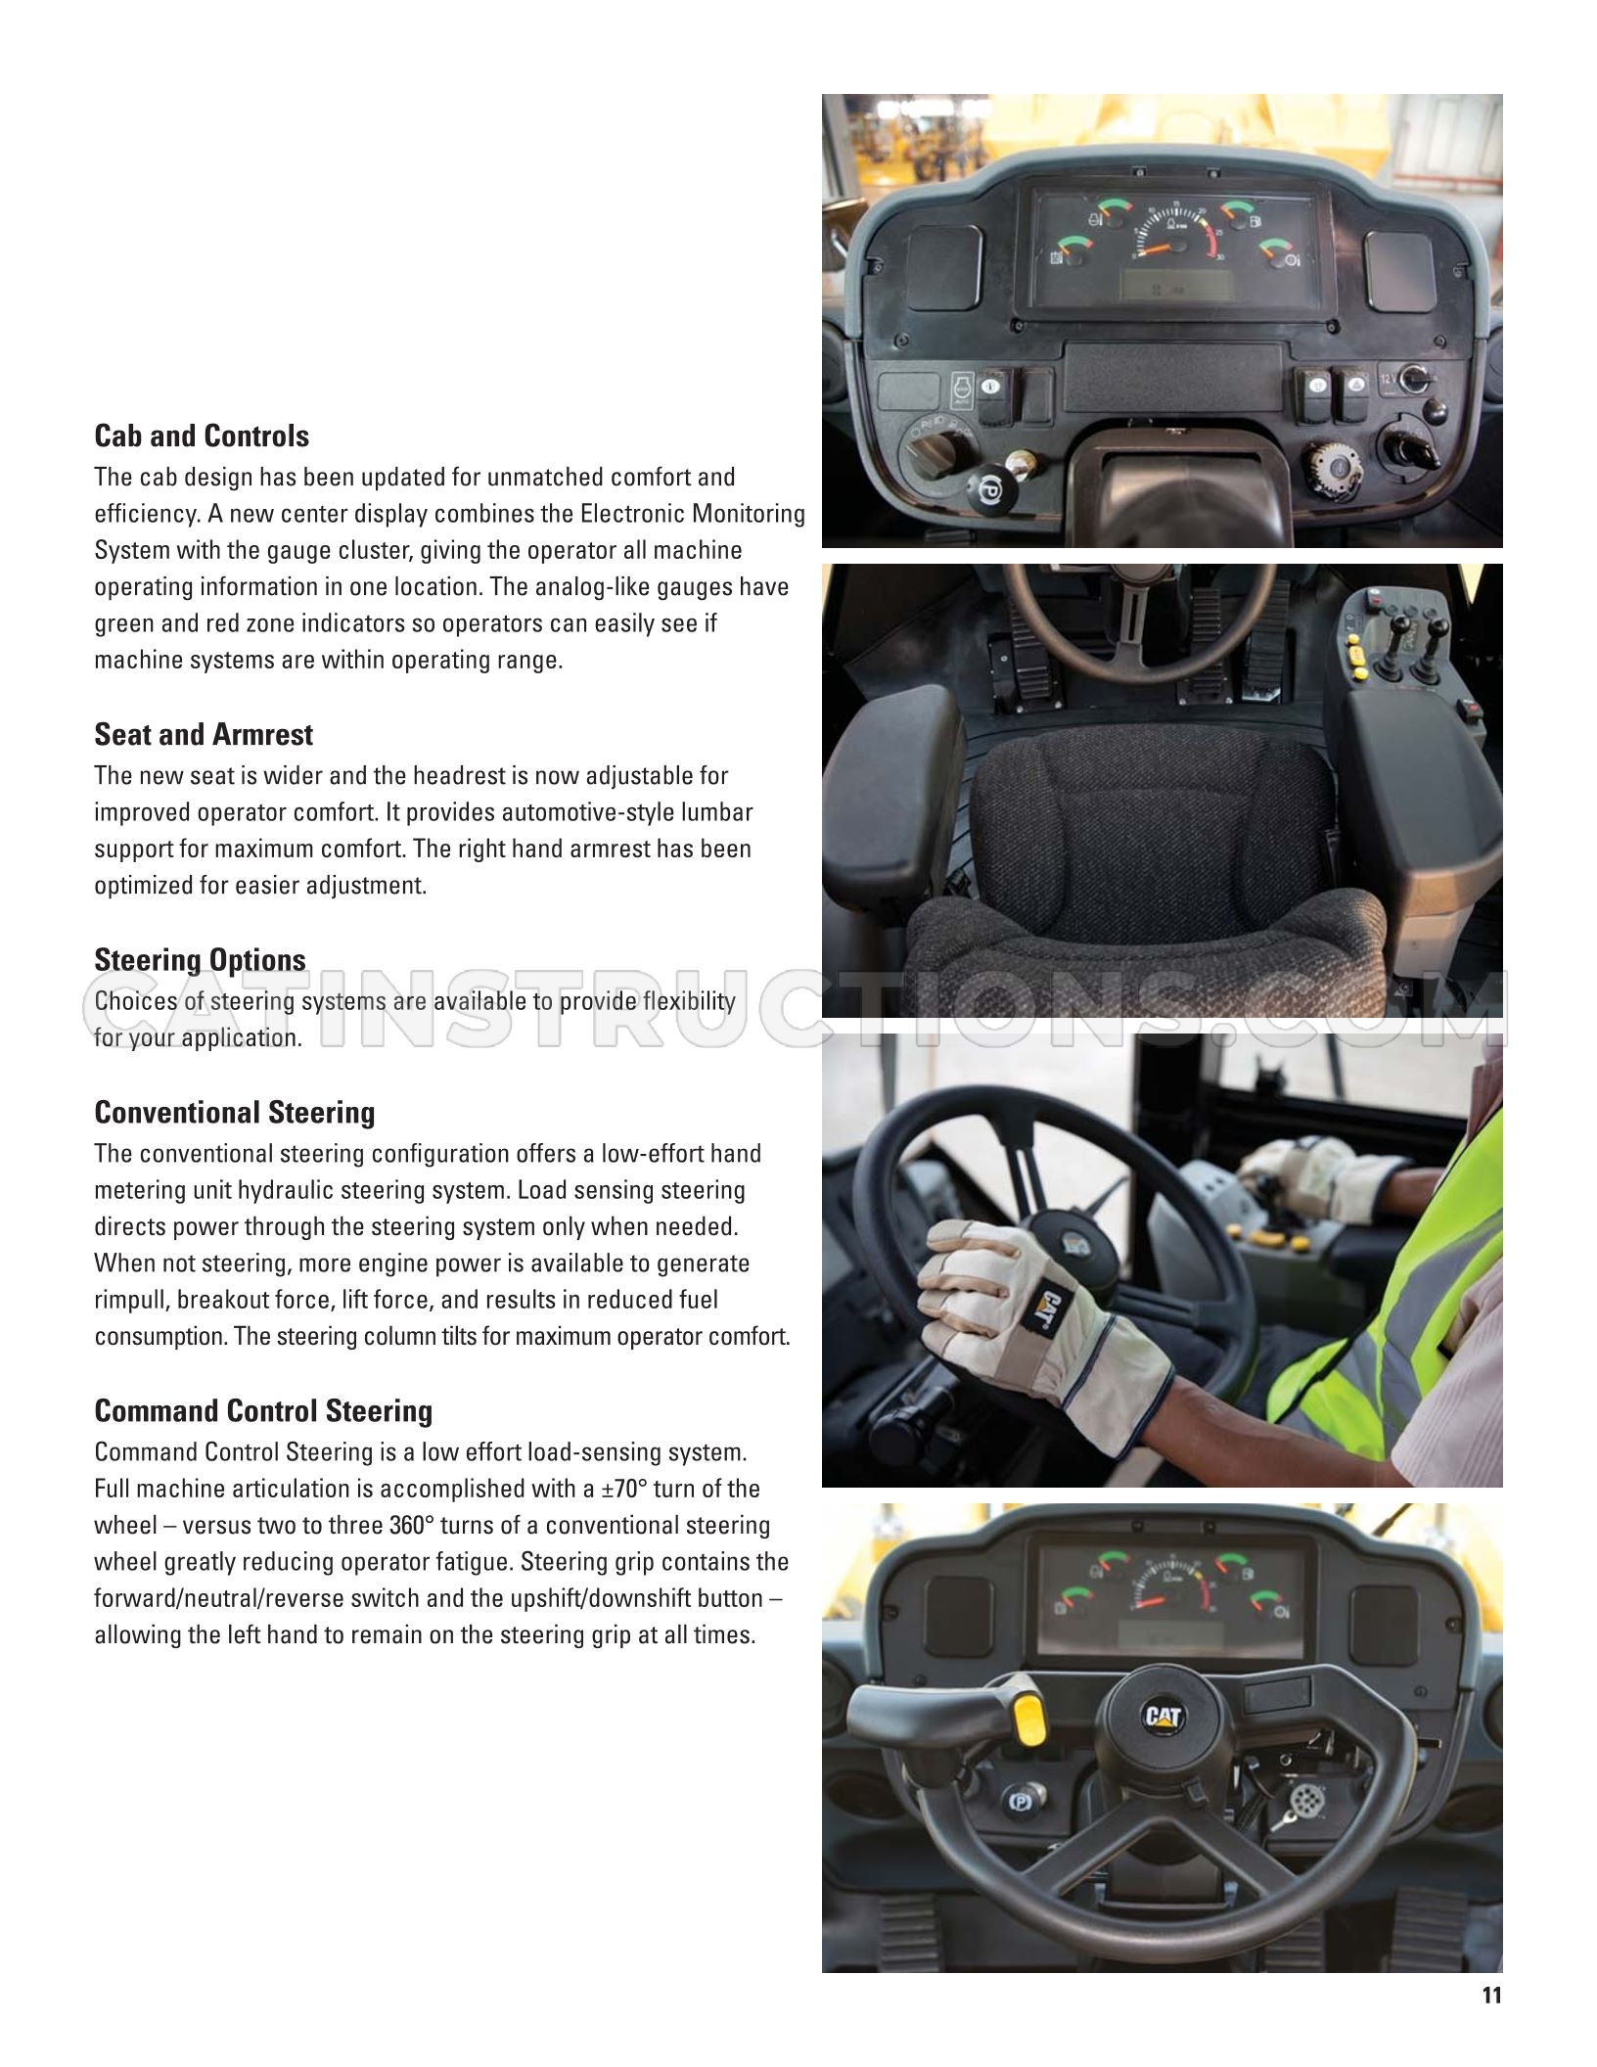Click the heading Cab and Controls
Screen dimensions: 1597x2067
[x=202, y=436]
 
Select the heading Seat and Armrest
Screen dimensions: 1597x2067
[x=204, y=734]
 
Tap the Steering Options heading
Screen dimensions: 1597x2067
[x=200, y=960]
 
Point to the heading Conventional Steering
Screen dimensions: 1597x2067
[x=235, y=1112]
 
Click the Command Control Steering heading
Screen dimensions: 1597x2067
[x=263, y=1410]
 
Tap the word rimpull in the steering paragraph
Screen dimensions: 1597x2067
[x=132, y=1300]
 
